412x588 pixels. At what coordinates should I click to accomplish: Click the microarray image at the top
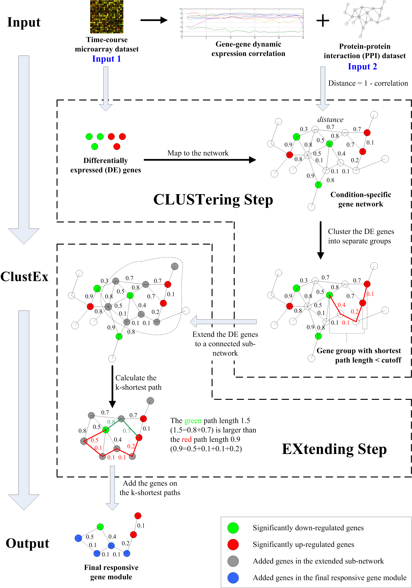tap(107, 17)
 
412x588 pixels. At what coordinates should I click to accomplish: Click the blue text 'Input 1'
tap(106, 59)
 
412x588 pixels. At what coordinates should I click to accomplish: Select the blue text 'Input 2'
tap(362, 67)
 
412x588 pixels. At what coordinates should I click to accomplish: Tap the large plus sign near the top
tap(323, 20)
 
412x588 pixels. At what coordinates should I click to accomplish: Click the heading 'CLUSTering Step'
tap(213, 200)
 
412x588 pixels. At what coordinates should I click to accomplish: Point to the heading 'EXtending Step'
tap(334, 449)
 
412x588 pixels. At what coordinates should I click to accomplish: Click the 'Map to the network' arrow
tap(200, 160)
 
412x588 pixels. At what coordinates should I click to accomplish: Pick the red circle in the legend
tap(233, 545)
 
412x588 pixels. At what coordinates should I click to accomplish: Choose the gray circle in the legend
tap(233, 561)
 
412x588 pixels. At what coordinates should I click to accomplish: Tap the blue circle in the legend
tap(233, 578)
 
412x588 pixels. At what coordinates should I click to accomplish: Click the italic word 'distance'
tap(330, 120)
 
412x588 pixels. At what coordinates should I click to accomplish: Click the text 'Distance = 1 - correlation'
tap(368, 83)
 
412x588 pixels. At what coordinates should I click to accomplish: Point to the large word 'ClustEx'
tap(24, 277)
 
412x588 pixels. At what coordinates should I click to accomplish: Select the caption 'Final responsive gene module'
tap(111, 572)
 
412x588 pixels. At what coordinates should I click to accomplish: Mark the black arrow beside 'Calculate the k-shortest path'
tap(112, 387)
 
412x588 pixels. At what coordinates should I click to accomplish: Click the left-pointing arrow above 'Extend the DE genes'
tap(223, 321)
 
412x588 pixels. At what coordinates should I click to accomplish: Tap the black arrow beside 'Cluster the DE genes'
tap(320, 240)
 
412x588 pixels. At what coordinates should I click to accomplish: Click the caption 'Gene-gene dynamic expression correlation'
tap(248, 49)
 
